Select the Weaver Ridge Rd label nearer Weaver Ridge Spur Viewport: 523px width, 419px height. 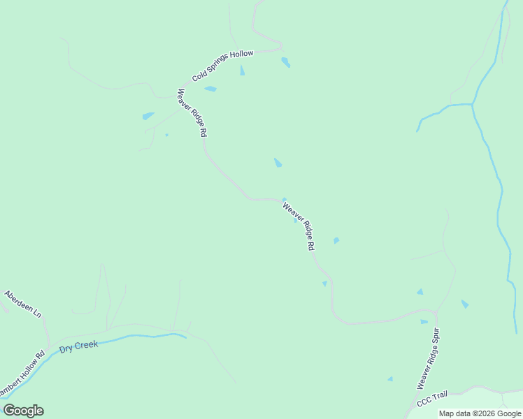click(x=299, y=226)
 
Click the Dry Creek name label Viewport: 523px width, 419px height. click(x=78, y=346)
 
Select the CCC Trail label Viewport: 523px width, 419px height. click(x=432, y=400)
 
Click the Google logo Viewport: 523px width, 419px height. click(x=23, y=411)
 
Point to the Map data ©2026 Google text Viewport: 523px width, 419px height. click(x=480, y=413)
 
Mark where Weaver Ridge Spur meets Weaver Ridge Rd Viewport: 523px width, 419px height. click(x=436, y=311)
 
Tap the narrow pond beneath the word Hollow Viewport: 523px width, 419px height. click(x=242, y=71)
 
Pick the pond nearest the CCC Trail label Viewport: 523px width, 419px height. click(x=390, y=379)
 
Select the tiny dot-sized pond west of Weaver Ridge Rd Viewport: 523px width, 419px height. click(x=166, y=135)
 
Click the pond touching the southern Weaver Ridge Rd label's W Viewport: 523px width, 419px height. click(x=284, y=199)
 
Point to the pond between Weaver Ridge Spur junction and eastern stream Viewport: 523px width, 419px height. click(x=464, y=304)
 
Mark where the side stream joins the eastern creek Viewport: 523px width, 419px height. click(x=473, y=105)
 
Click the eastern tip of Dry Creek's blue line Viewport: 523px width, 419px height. click(x=185, y=337)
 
